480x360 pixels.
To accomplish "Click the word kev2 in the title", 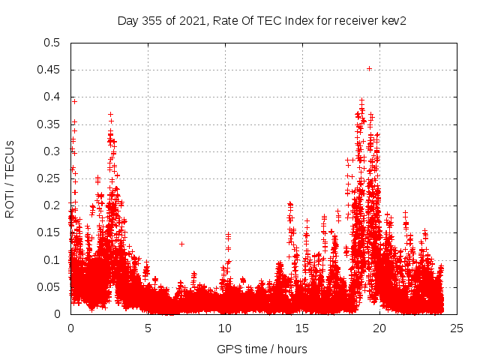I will point(394,20).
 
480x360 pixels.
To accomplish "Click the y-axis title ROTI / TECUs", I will point(10,178).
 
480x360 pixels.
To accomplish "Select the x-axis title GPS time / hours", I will point(262,349).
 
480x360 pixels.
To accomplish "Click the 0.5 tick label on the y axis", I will point(51,43).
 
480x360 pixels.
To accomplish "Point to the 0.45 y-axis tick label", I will point(48,70).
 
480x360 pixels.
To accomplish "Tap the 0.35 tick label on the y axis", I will point(48,124).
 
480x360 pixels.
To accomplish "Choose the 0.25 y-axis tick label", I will point(48,178).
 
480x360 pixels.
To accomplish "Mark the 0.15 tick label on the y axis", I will point(48,232).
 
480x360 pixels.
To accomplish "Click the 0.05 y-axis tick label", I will point(48,287).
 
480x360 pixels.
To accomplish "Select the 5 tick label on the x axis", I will point(148,328).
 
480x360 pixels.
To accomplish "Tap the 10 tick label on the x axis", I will point(225,328).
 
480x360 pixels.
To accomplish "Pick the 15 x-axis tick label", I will point(302,328).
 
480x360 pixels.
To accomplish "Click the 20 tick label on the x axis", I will point(379,328).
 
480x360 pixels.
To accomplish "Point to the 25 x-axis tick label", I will point(457,328).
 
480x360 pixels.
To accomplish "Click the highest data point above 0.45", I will point(369,68).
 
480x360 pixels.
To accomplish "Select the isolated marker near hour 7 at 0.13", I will point(181,244).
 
